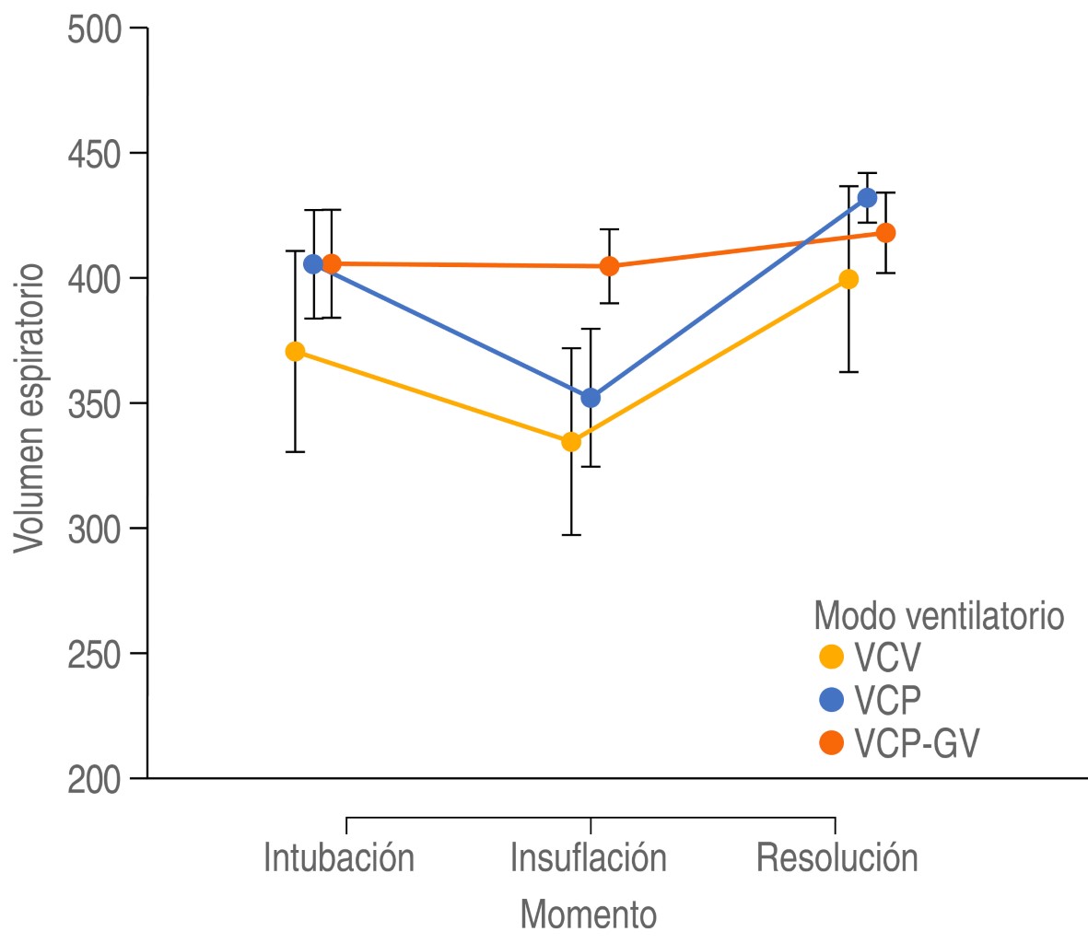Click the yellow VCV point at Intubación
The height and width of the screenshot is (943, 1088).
(295, 351)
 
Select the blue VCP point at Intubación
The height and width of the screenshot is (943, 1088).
(313, 264)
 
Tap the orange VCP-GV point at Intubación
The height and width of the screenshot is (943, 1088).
(332, 264)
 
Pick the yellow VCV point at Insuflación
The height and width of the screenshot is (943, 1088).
(571, 441)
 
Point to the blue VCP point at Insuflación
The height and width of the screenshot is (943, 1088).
(591, 398)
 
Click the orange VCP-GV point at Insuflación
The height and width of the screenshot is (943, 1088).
(609, 266)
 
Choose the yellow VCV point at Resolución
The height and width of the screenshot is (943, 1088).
(848, 279)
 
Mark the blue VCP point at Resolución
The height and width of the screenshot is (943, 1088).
(867, 197)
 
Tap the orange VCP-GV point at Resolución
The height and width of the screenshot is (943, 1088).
(885, 233)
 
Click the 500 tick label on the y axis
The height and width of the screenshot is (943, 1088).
(94, 29)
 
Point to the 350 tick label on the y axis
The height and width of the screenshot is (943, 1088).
(94, 403)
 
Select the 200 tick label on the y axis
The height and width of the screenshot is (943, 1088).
(94, 779)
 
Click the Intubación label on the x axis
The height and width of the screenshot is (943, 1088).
(339, 858)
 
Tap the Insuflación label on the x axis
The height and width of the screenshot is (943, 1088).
(589, 858)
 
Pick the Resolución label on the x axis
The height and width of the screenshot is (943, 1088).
(837, 858)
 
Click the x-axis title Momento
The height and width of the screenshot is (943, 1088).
(589, 914)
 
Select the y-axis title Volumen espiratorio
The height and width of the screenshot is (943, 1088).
(30, 408)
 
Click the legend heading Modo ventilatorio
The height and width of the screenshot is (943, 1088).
(939, 615)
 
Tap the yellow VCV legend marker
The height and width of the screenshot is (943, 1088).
(832, 658)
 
